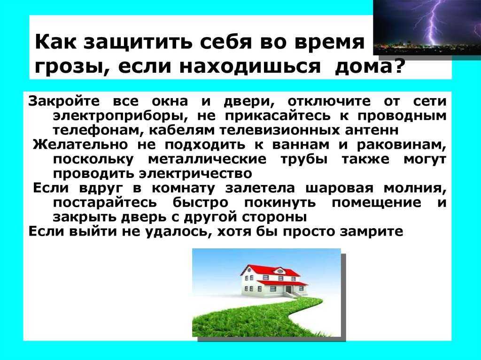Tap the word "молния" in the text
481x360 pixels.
pyautogui.click(x=413, y=188)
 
